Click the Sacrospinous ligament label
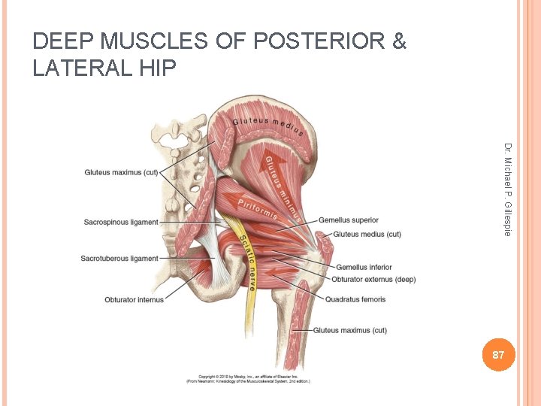coord(121,223)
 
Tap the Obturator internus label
coord(134,300)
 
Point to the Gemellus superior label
coord(349,220)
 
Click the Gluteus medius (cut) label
coord(367,235)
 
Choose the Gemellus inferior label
coord(364,268)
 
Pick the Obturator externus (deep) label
coord(373,280)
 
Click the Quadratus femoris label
coord(355,299)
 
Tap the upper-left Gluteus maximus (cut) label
coord(121,173)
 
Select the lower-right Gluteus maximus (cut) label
coord(350,330)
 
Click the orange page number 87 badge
coord(498,354)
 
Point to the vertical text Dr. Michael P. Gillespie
coord(508,189)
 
